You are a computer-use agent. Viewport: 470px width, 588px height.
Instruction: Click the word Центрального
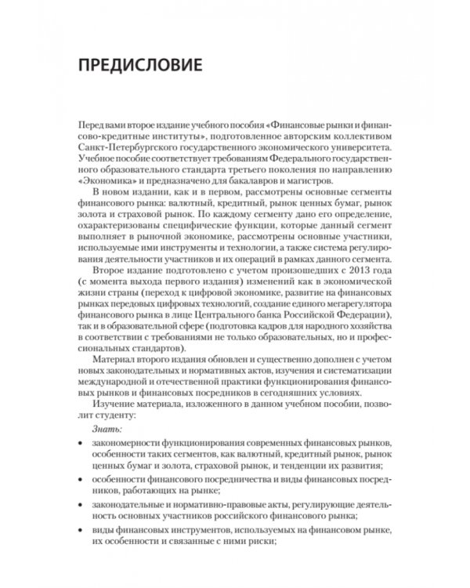216,314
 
